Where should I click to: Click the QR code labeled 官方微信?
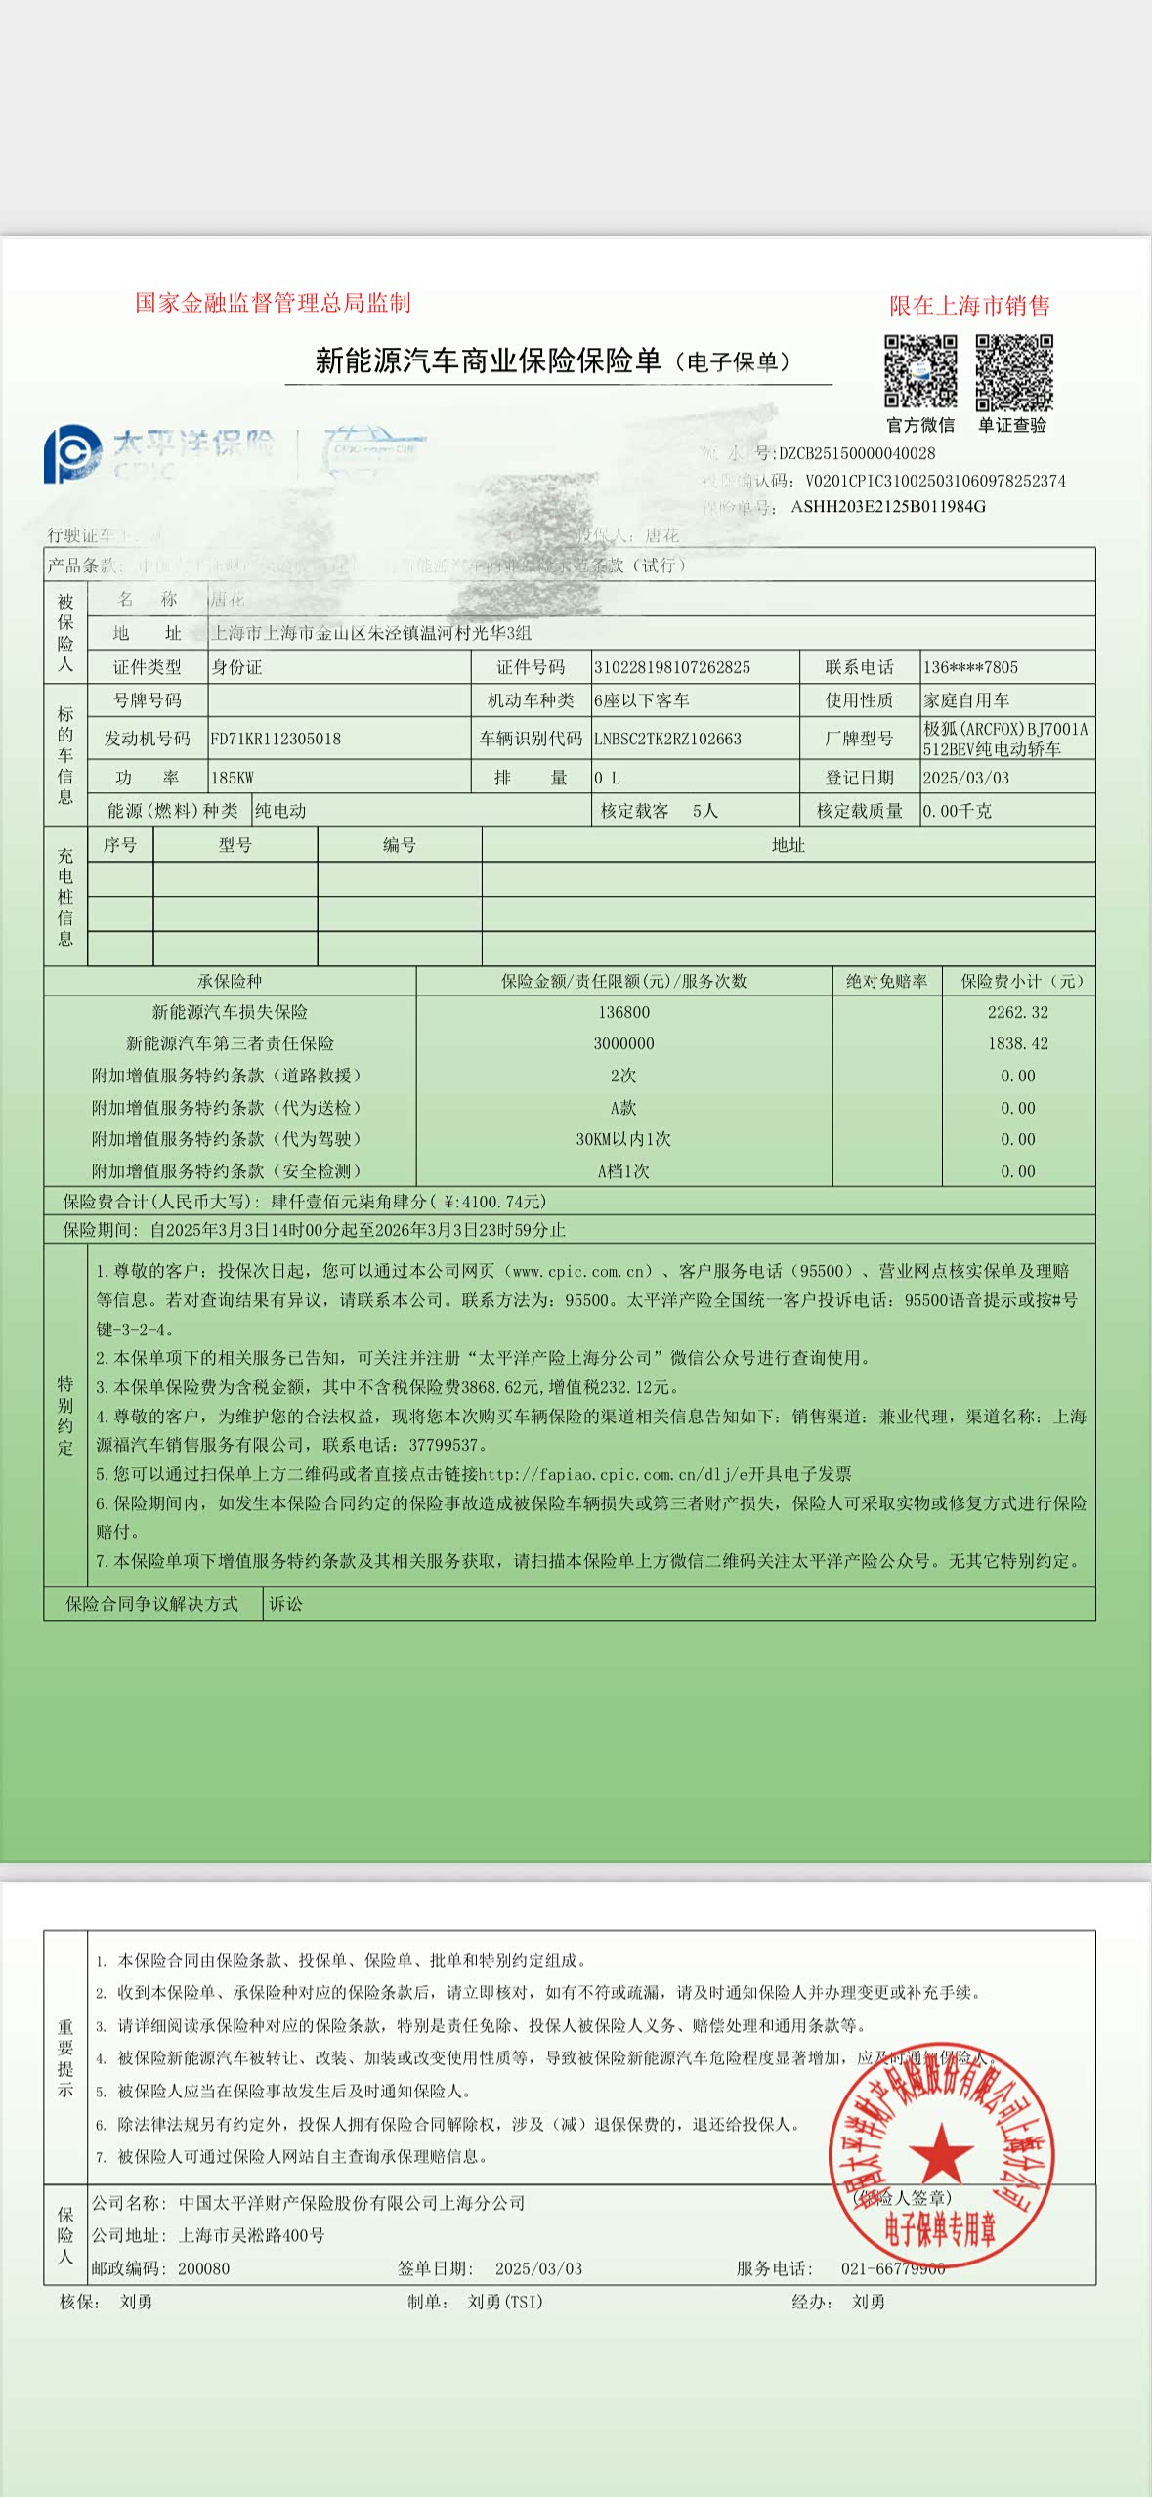919,371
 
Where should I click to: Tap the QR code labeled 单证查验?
1013,371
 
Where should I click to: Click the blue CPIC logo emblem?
70,453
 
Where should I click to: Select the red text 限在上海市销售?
968,306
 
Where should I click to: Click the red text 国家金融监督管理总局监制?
273,303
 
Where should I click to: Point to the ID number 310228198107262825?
672,667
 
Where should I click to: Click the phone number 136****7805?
970,667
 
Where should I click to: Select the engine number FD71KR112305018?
276,739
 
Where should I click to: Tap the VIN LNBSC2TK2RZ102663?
667,739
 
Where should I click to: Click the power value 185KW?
232,778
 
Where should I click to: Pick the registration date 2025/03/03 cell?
965,778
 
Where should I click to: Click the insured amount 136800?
623,1012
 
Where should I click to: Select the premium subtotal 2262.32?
1017,1012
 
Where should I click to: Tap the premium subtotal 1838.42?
1017,1043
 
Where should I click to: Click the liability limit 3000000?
623,1043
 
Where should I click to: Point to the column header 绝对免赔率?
886,981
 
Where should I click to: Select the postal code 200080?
203,2268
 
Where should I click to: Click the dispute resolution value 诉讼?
285,1604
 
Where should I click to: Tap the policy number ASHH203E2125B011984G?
888,506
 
